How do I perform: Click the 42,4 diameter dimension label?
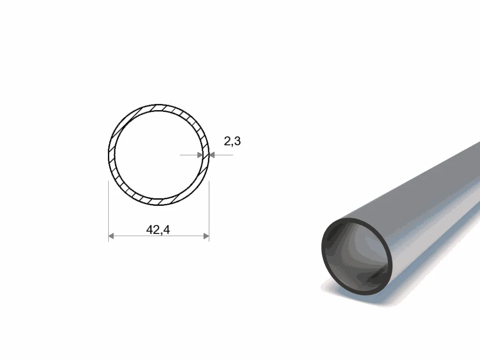tap(158, 230)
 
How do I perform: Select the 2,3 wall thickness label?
tap(232, 142)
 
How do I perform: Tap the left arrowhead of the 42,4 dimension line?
tap(112, 236)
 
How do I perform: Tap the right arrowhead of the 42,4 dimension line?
tap(206, 236)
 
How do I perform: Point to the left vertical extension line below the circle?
tap(109, 211)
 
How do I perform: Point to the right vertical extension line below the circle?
tap(209, 211)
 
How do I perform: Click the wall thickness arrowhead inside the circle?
tap(200, 155)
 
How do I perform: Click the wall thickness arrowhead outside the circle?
tap(212, 155)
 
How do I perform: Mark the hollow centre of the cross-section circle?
tap(158, 155)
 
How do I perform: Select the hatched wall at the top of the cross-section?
tap(158, 108)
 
